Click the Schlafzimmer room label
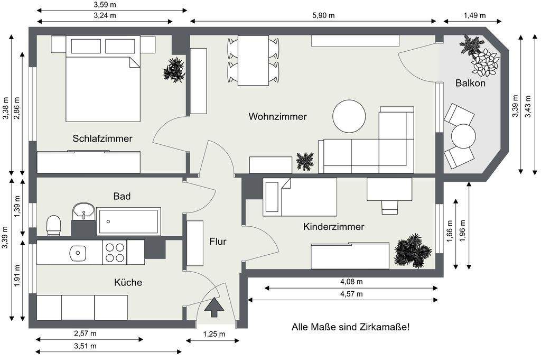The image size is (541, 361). coord(102,138)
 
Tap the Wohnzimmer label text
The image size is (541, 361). coord(277,116)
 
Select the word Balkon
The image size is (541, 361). coord(470,83)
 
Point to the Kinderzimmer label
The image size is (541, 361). coord(333,227)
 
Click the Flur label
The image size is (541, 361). coord(218,242)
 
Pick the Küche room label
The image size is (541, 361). coord(128,282)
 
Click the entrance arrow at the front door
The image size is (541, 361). coord(214,307)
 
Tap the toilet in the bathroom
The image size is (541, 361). coord(54,225)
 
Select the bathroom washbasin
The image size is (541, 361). coord(83,210)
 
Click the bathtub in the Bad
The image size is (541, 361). coord(128,221)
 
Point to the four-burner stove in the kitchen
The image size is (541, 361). coord(115,252)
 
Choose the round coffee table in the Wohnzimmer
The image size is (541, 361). coord(349,116)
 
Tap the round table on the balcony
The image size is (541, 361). coord(464,136)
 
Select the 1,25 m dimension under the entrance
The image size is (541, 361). coord(214,334)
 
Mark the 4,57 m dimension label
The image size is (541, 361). coord(351,294)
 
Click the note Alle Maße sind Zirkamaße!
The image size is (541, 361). coord(350,327)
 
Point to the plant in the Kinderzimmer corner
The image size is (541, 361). coord(412,250)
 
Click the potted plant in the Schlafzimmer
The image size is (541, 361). coord(174,70)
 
